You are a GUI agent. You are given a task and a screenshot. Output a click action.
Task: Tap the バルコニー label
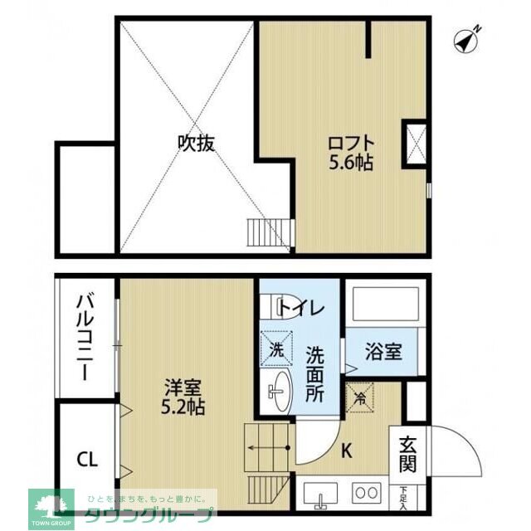pos(85,336)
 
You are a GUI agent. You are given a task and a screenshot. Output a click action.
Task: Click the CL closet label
pos(86,458)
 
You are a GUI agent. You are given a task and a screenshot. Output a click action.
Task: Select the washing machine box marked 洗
pos(277,348)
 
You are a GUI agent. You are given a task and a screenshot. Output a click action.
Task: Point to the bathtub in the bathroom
pos(384,306)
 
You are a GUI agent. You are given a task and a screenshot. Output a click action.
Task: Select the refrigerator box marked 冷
pos(360,395)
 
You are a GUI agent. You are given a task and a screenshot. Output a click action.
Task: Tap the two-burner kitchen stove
pos(365,492)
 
